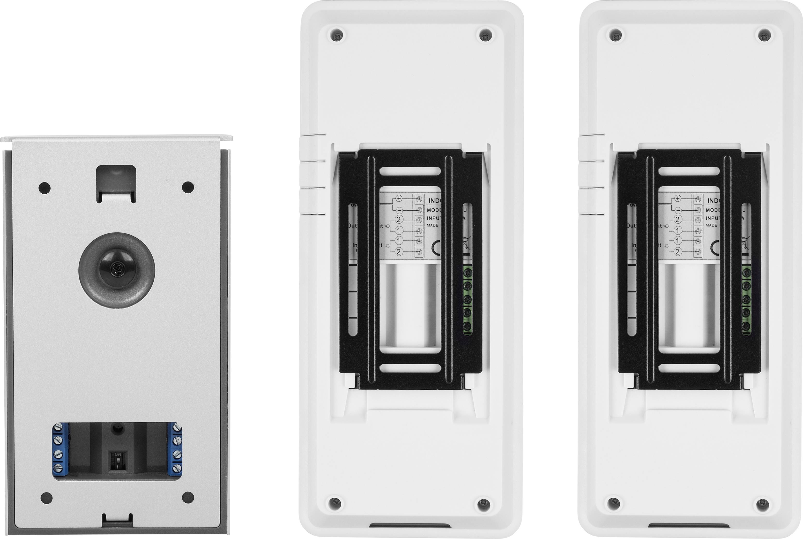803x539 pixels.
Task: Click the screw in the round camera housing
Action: click(117, 269)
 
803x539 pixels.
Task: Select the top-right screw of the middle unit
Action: click(485, 35)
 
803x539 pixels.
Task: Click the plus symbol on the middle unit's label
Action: click(398, 198)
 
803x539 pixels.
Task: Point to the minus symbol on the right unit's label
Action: click(678, 209)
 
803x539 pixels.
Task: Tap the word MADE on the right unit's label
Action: click(711, 225)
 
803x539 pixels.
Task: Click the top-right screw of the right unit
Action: click(764, 35)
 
